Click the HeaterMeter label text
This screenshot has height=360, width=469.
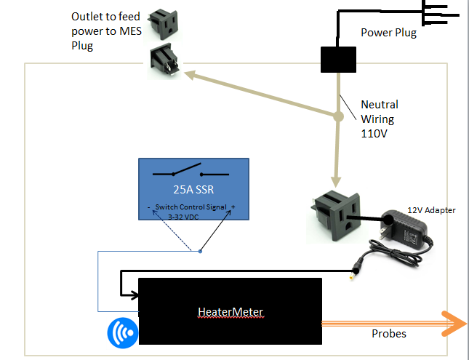(230, 312)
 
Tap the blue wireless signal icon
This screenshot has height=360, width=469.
(121, 332)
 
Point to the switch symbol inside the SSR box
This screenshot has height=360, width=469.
(191, 174)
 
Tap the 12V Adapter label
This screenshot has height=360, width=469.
(431, 210)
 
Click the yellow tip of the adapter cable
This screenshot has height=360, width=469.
(353, 274)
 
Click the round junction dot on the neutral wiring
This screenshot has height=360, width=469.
(339, 116)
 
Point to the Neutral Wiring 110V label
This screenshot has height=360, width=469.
(379, 119)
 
